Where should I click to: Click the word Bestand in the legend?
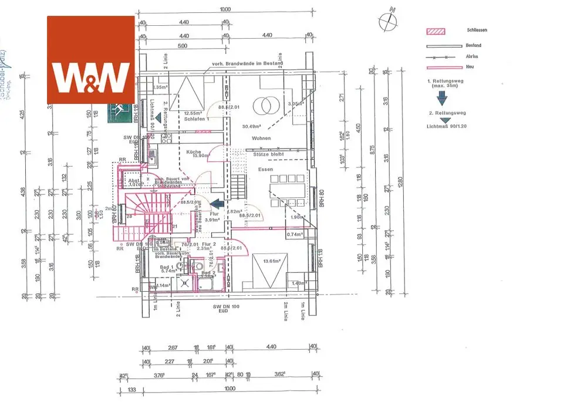[x=474, y=45]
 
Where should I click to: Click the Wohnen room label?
[x=262, y=138]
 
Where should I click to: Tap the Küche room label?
[x=194, y=151]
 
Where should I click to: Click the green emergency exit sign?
[x=120, y=112]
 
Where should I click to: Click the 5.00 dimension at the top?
[x=183, y=45]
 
